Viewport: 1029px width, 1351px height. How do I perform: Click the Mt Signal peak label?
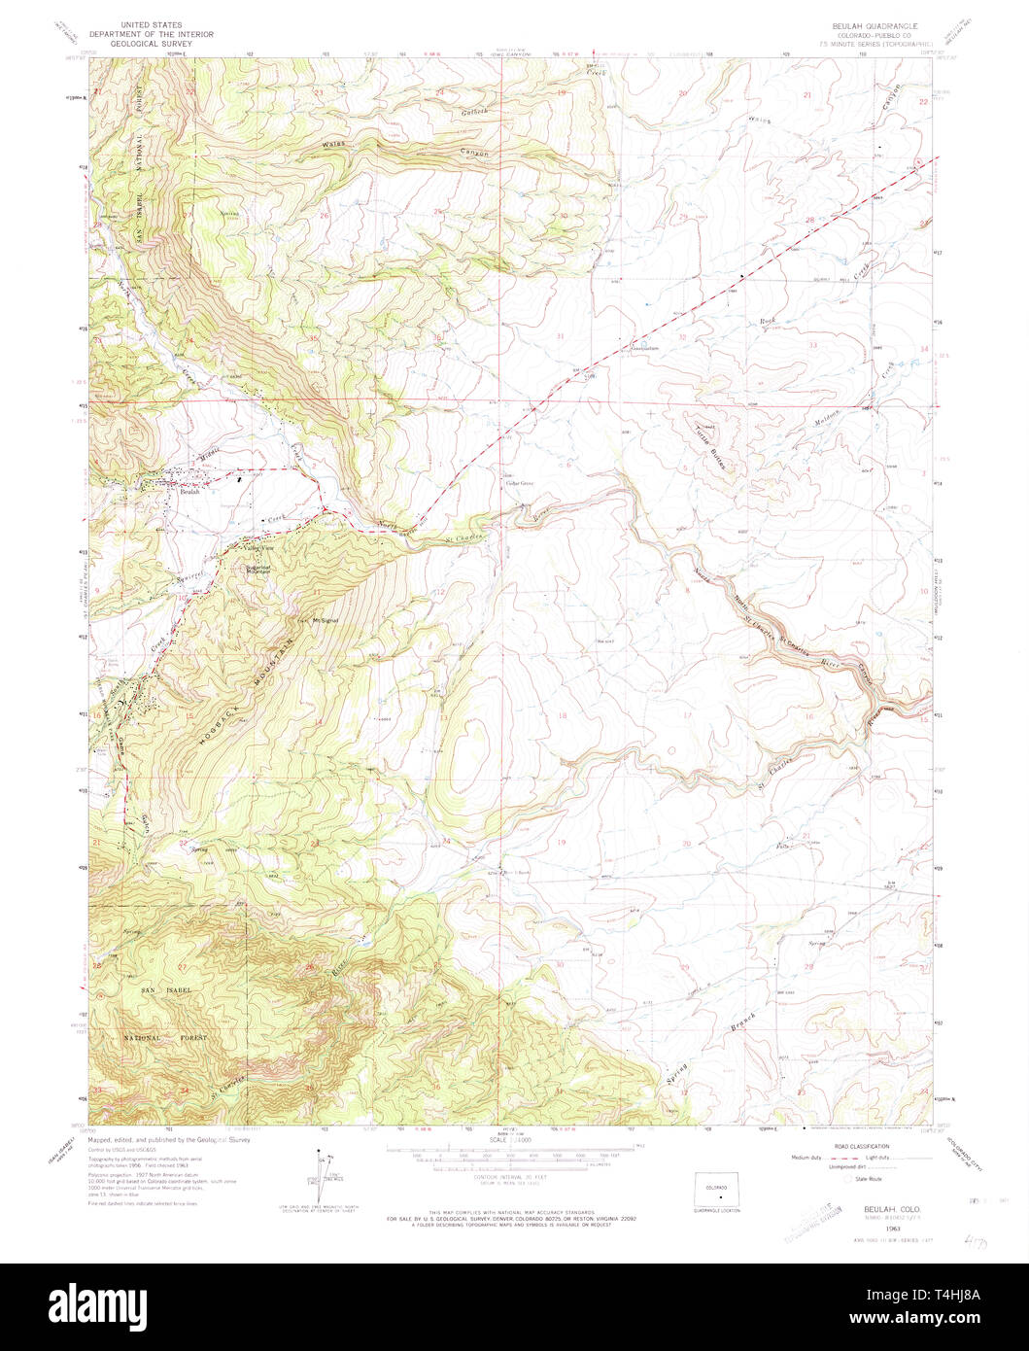(324, 622)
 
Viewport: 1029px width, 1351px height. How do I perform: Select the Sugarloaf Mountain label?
(259, 570)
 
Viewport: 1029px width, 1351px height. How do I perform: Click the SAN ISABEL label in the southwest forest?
(161, 989)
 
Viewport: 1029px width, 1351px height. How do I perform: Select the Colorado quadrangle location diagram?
(716, 1190)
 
